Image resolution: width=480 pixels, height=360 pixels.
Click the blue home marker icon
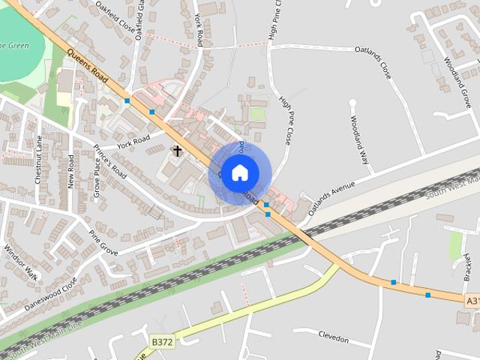(239, 172)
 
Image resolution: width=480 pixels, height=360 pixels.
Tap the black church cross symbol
(177, 151)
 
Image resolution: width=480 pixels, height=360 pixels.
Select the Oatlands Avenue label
(331, 198)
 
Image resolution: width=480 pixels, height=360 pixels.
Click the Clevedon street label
(334, 335)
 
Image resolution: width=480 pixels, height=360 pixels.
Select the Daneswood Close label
(51, 295)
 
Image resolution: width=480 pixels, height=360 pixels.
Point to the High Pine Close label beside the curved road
(285, 119)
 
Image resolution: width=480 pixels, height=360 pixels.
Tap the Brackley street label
(467, 267)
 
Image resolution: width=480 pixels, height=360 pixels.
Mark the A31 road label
(472, 301)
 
